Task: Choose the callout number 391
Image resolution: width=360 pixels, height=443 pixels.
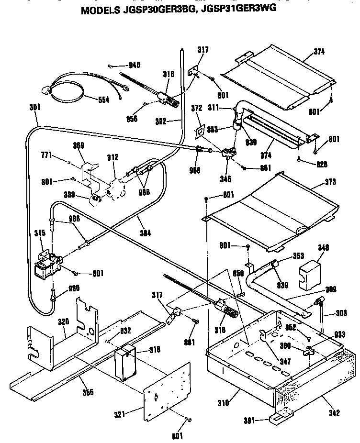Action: [248, 421]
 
